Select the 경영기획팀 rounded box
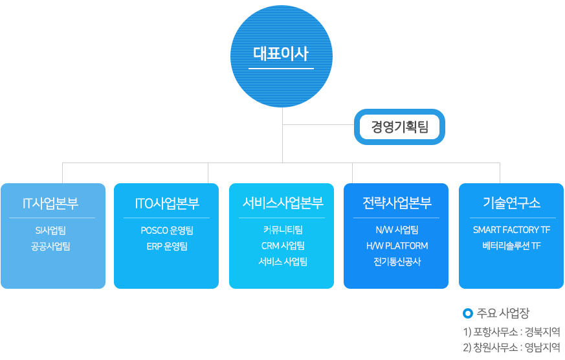coord(400,126)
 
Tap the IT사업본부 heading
coord(50,203)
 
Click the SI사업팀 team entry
coord(50,230)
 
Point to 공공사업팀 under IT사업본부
coord(50,246)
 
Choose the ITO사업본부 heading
coord(167,203)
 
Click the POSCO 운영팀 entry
coord(167,230)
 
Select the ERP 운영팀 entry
coord(167,246)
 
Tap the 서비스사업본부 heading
coord(282,203)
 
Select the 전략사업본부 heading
coord(397,203)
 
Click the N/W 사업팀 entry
coord(397,230)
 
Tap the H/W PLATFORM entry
coord(397,246)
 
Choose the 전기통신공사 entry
coord(397,262)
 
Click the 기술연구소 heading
coord(511,203)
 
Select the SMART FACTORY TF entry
coord(511,230)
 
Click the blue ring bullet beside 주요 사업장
coord(469,314)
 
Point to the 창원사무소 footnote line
coord(511,347)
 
